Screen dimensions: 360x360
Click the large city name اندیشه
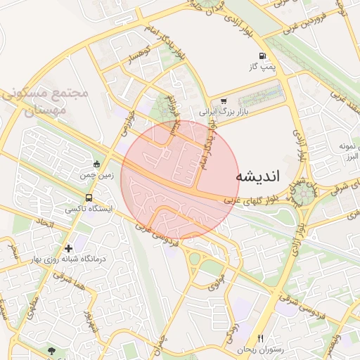click(257, 176)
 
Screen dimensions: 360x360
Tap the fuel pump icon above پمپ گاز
click(262, 56)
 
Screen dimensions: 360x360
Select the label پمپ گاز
click(260, 66)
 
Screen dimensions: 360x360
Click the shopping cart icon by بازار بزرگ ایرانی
click(224, 101)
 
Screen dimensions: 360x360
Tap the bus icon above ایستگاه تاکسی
click(89, 198)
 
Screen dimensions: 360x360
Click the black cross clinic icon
click(68, 248)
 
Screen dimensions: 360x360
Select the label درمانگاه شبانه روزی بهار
click(67, 259)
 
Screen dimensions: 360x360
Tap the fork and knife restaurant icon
click(260, 339)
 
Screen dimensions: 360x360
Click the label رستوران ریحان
click(259, 349)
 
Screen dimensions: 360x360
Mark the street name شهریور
click(89, 322)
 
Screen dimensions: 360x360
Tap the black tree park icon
click(51, 349)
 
